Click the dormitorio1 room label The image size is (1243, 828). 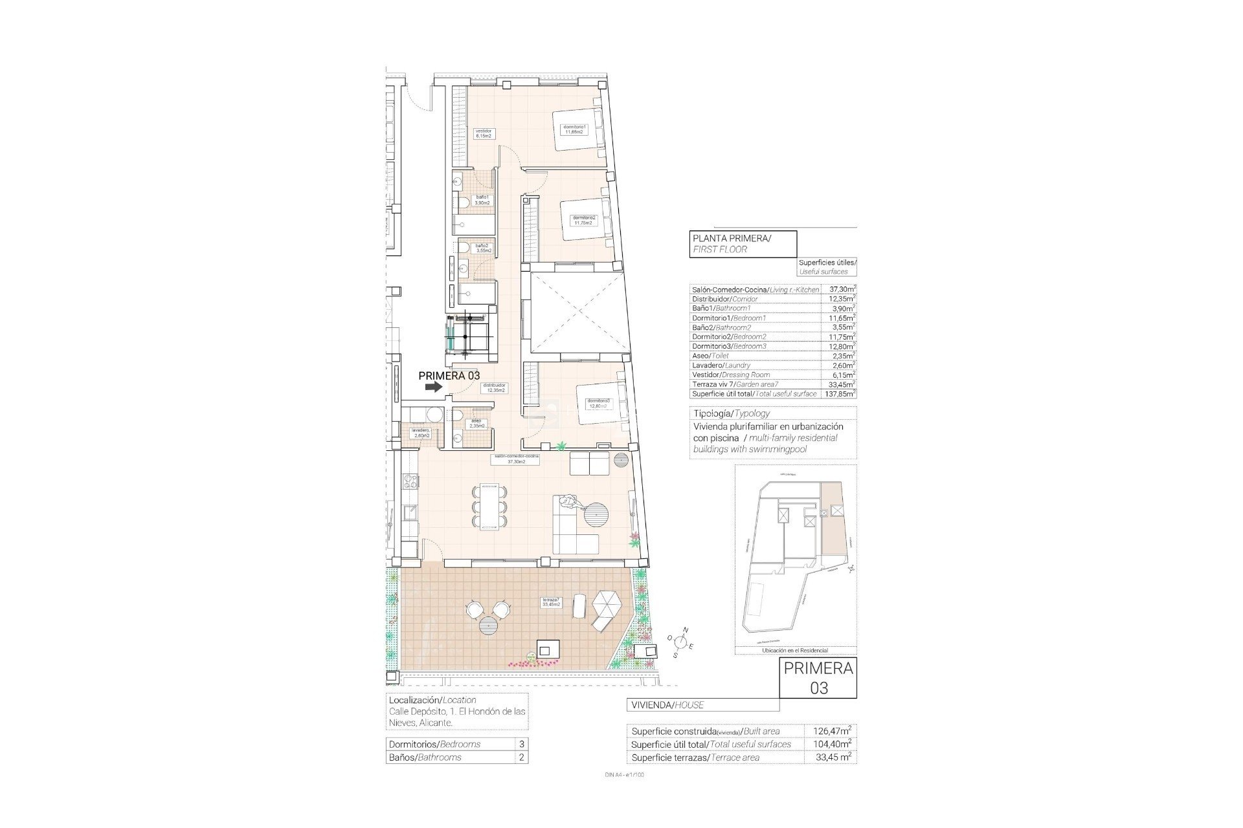coord(574,129)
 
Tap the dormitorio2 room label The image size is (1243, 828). coord(583,220)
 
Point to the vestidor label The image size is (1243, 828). coord(484,134)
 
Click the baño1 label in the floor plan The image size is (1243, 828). coord(481,200)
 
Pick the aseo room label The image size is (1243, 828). coord(476,423)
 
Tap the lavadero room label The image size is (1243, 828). coord(421,433)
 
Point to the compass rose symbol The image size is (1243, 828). coord(680,642)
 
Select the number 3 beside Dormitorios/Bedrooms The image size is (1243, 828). coord(522,744)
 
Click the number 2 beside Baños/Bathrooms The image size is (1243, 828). coord(522,757)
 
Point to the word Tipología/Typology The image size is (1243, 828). coord(732,413)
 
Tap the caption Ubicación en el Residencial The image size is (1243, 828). coord(796,650)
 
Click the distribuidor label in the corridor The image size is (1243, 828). coord(493,387)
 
